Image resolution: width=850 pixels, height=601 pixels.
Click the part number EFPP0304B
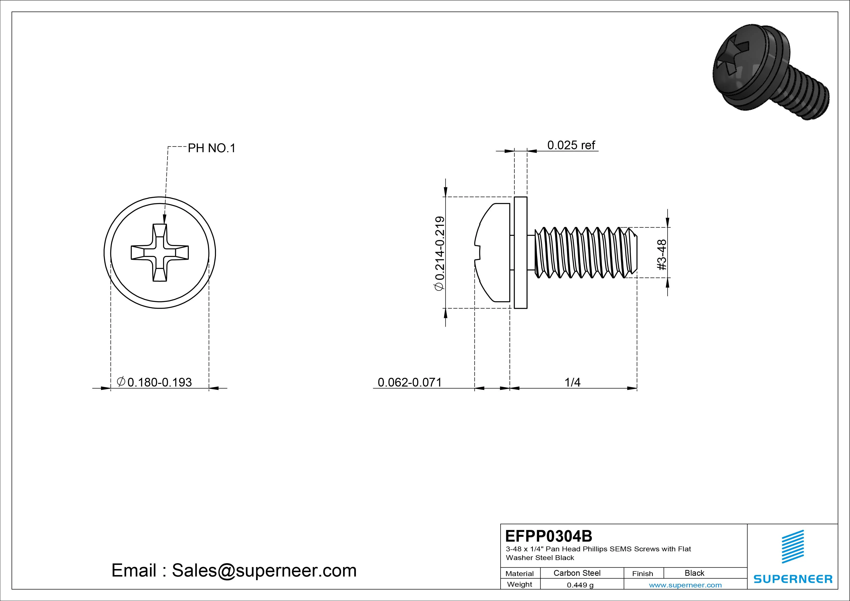point(548,536)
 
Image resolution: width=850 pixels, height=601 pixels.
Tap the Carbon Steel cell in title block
point(577,573)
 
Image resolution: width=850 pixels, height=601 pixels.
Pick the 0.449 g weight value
point(580,585)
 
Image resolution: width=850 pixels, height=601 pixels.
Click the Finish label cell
point(642,573)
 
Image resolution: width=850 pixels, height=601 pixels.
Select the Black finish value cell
point(694,573)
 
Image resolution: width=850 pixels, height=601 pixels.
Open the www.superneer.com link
point(685,585)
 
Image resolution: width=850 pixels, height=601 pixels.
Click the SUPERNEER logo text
point(793,579)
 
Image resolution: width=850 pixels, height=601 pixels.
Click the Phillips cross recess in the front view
point(160,253)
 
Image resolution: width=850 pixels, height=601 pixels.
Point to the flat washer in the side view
point(520,253)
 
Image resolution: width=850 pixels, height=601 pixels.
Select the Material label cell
point(519,573)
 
